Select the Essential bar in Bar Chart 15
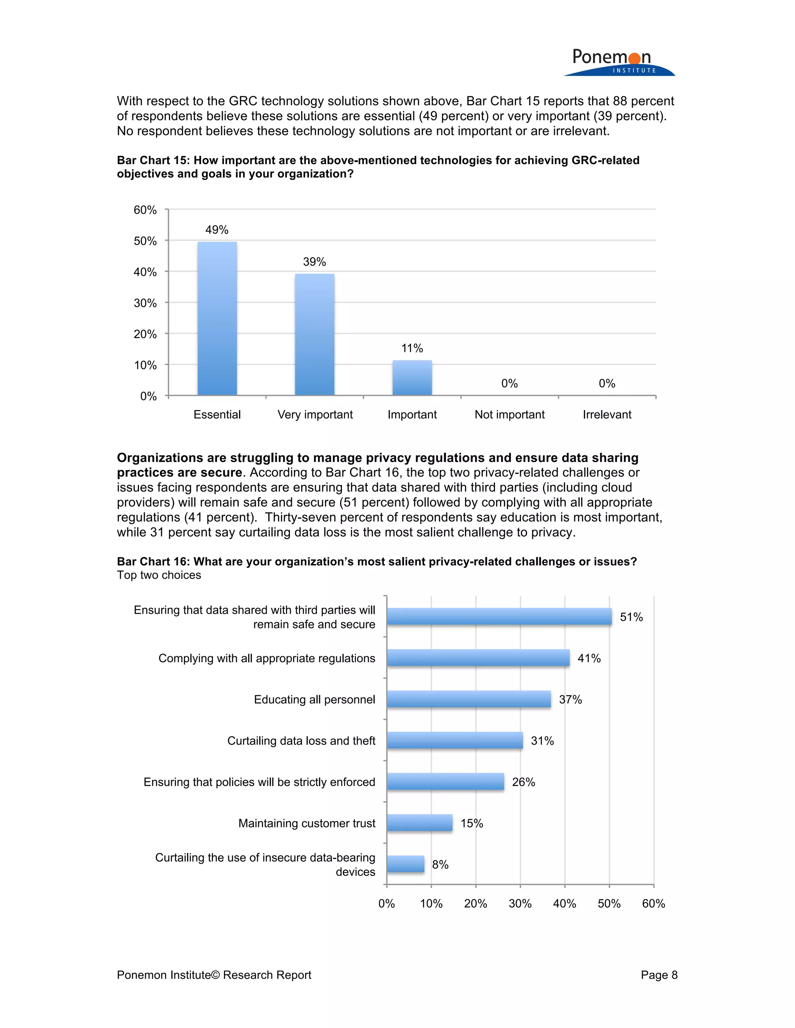click(x=217, y=318)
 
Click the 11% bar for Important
click(x=412, y=377)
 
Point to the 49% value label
click(x=217, y=230)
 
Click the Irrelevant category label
click(x=607, y=414)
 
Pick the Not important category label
click(x=509, y=414)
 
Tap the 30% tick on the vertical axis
click(x=145, y=303)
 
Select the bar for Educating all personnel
click(x=469, y=699)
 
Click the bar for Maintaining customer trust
click(x=419, y=822)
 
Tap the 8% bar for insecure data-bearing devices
click(x=405, y=864)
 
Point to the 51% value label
click(x=631, y=617)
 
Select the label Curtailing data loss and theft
click(x=301, y=741)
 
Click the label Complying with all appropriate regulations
click(x=267, y=658)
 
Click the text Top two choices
click(x=159, y=575)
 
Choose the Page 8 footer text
click(x=658, y=974)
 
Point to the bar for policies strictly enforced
click(x=445, y=781)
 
